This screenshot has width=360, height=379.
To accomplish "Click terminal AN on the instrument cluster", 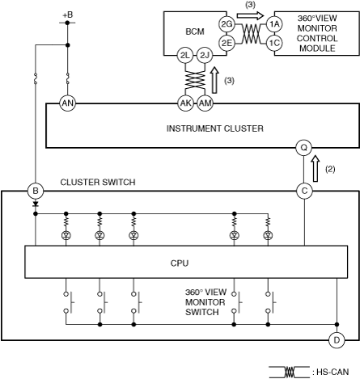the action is (67, 103).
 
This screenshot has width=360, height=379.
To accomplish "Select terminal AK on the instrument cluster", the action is (185, 103).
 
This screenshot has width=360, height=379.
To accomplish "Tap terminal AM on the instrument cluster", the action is (205, 103).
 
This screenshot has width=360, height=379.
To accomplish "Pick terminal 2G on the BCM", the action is (227, 24).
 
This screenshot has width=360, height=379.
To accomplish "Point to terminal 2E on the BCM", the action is (227, 43).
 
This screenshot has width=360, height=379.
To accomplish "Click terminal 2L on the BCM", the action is (185, 56).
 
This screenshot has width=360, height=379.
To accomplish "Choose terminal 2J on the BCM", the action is (205, 56).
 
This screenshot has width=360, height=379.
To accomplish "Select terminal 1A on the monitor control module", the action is (274, 24).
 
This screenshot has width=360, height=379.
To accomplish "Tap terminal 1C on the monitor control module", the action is (274, 43).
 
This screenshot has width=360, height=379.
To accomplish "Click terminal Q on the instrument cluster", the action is (304, 148).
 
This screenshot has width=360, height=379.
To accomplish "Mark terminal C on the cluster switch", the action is (304, 191).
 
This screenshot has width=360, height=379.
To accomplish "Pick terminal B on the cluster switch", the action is (36, 191).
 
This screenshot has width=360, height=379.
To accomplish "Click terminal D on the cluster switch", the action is (337, 340).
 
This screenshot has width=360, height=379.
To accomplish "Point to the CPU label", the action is (180, 263).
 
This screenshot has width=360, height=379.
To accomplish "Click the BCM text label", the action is (195, 32).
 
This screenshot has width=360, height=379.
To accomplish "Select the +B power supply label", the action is (68, 15).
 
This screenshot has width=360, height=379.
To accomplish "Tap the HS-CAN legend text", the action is (332, 372).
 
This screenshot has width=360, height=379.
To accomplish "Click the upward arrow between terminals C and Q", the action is (316, 169).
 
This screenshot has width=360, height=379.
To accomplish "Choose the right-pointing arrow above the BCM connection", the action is (250, 15).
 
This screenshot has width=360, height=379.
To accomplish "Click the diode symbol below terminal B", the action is (36, 204).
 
